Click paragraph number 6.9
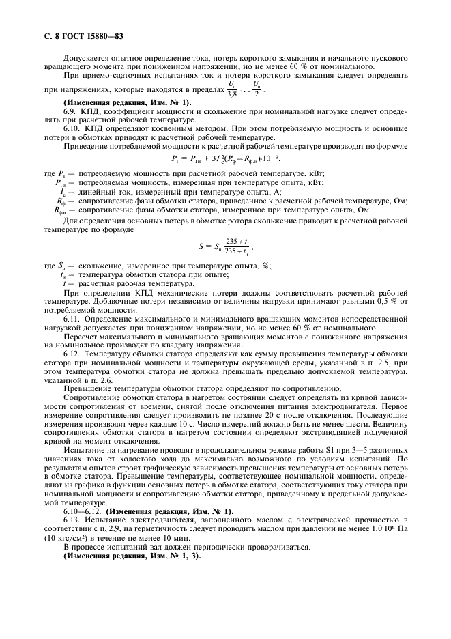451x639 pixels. tap(71, 110)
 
